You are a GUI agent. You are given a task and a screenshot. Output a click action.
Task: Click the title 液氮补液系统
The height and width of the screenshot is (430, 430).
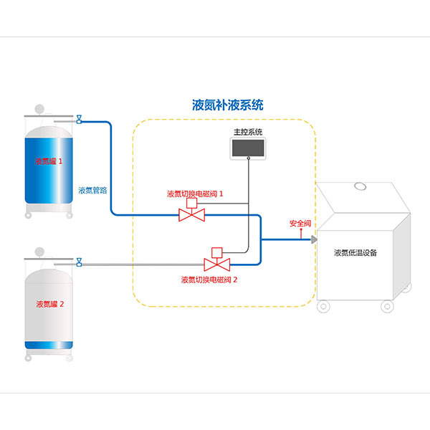coord(228,105)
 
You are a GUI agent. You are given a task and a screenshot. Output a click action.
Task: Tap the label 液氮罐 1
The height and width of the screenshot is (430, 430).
coord(49,161)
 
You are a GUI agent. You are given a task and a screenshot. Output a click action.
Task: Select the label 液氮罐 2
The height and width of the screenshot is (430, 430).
coord(50,304)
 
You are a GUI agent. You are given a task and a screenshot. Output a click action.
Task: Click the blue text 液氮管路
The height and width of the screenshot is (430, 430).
coord(92,190)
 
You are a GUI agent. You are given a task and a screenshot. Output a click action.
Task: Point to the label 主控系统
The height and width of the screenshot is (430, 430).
coord(248,132)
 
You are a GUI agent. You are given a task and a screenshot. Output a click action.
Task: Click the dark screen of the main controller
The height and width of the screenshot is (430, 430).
coord(248,148)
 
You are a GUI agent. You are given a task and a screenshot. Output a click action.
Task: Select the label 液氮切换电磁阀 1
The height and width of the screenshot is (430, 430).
coord(195,194)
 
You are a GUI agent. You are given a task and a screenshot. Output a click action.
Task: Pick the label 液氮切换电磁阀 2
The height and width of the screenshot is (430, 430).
coord(209,279)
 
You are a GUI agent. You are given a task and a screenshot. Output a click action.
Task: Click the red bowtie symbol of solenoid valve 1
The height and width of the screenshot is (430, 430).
coord(191,215)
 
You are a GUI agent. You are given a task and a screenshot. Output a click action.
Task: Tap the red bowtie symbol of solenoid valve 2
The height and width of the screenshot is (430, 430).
coord(217,264)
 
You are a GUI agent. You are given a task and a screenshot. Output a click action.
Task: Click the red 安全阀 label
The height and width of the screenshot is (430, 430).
coord(300,224)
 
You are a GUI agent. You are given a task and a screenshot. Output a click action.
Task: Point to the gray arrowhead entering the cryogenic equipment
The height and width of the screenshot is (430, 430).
coord(314,239)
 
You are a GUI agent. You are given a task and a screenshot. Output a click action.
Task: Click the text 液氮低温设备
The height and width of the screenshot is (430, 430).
coord(355,252)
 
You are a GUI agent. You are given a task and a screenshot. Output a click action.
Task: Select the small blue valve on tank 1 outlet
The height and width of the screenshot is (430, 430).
coord(79,119)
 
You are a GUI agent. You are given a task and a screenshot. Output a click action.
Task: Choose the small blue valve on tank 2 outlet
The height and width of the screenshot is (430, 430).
coord(79,262)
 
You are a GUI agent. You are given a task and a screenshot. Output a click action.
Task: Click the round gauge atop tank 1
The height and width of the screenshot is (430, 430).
coord(39,109)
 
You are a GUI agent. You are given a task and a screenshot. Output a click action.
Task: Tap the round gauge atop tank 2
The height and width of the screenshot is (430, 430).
coord(39,252)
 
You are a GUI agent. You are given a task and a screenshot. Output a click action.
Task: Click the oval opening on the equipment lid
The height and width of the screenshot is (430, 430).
coord(360,186)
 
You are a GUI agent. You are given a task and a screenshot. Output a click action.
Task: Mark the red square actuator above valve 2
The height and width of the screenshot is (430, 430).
coord(217,252)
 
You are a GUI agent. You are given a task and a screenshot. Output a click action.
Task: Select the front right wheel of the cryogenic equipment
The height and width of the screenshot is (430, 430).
coord(387,306)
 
